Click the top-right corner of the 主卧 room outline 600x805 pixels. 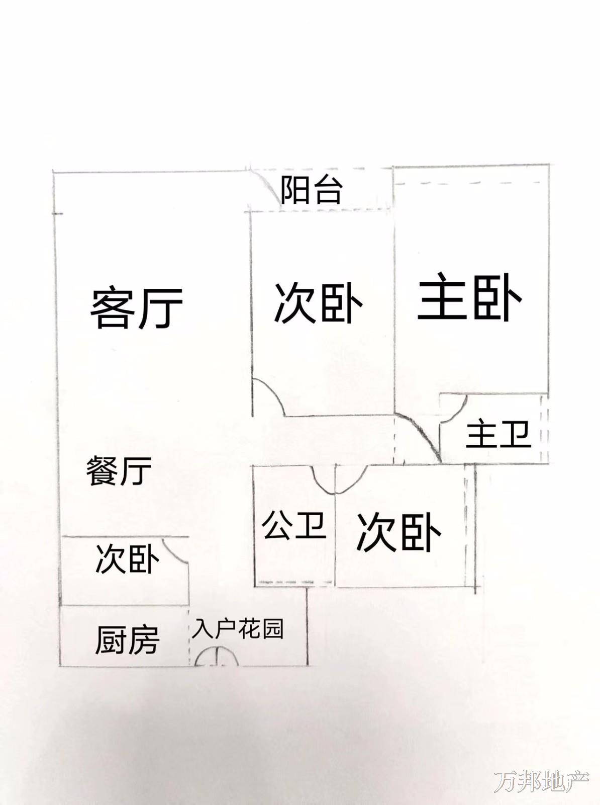point(548,165)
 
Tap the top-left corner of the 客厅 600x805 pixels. point(53,171)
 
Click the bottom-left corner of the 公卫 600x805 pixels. point(255,587)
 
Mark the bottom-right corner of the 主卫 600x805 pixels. point(548,463)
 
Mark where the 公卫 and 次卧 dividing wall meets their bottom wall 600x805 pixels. point(335,587)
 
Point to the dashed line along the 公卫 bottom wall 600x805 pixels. point(295,583)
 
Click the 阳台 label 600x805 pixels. point(312,190)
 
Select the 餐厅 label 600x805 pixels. point(119,471)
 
